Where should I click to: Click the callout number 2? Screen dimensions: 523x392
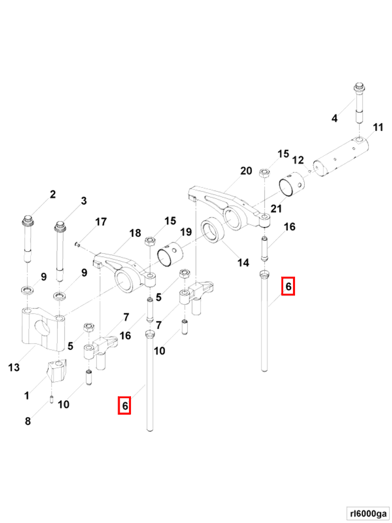(52, 194)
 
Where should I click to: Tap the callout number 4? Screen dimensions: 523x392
(334, 119)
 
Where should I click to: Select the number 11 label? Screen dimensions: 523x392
(378, 127)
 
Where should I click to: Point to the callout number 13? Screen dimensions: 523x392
(14, 367)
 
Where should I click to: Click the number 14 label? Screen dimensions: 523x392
(243, 263)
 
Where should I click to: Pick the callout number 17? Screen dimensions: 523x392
(101, 222)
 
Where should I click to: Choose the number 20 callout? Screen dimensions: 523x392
(246, 171)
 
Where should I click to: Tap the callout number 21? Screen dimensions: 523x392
(276, 208)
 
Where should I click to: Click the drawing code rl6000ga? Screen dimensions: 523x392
(367, 513)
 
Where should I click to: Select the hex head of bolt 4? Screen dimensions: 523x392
(359, 87)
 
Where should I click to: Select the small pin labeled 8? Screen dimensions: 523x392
(52, 398)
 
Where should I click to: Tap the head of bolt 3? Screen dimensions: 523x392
(61, 226)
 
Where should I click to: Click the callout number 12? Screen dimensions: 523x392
(298, 160)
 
